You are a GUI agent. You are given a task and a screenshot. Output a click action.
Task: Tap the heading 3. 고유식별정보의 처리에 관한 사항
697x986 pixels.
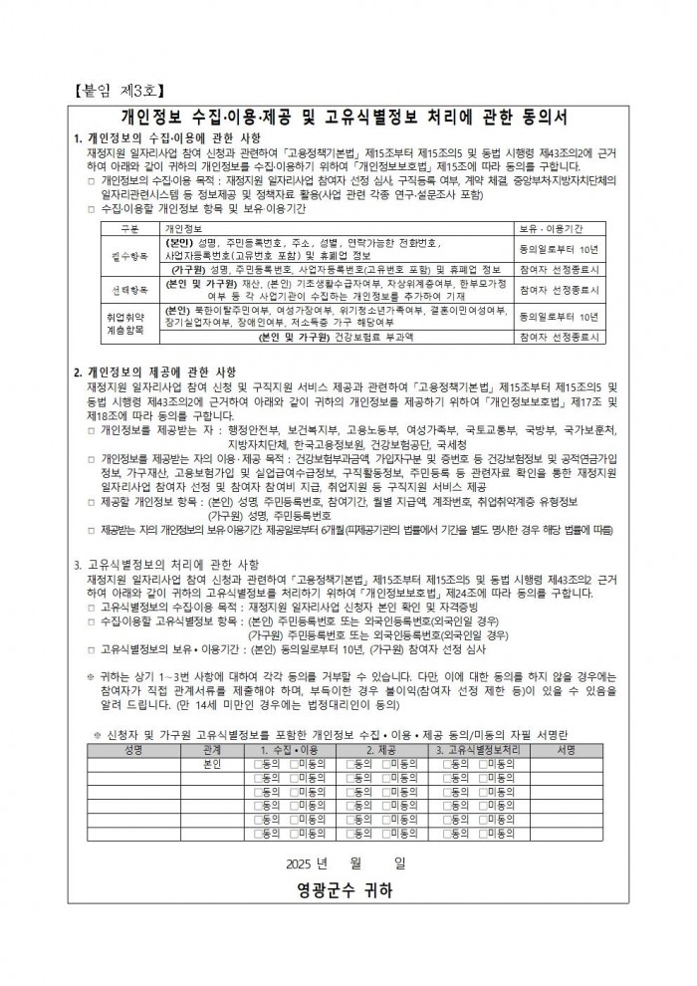165,564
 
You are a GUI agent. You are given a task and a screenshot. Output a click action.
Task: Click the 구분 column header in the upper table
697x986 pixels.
126,228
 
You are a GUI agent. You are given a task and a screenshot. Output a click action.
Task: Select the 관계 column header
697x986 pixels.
211,749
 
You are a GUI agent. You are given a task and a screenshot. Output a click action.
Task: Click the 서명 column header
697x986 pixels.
567,749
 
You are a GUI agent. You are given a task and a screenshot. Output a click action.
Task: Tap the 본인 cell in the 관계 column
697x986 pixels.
211,763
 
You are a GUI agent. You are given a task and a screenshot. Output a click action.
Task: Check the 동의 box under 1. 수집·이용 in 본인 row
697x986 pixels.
259,763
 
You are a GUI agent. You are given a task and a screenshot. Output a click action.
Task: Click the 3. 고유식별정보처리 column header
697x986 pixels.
482,749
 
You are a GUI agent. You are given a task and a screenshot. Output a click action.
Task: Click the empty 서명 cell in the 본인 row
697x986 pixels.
567,763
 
